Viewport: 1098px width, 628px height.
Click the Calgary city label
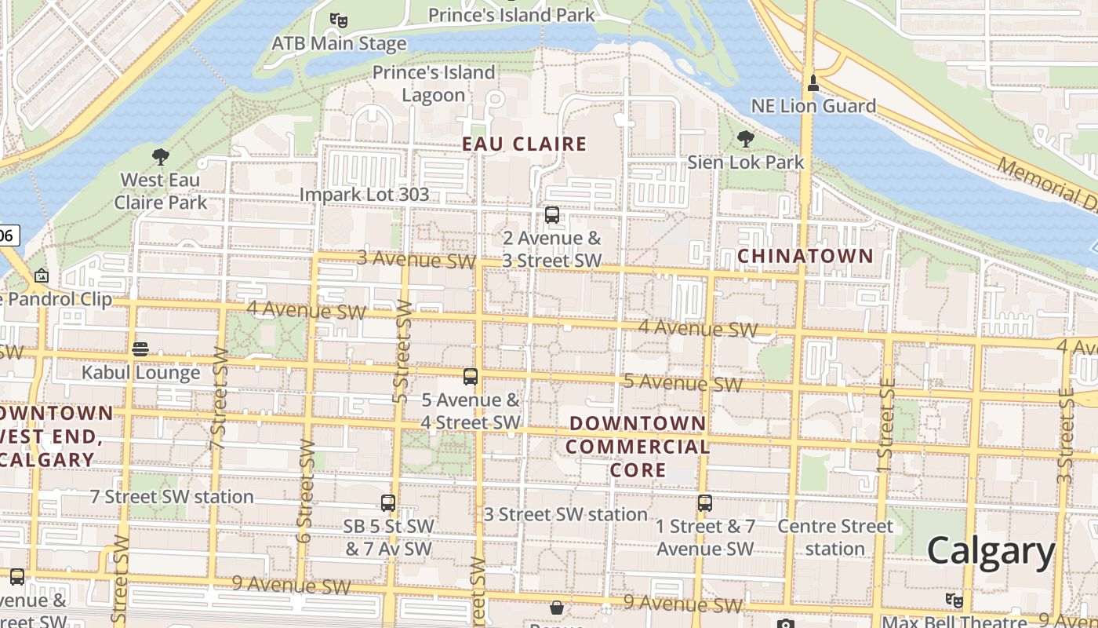991,552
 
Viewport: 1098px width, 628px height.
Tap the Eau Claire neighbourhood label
524,144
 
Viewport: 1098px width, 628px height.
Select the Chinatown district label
805,256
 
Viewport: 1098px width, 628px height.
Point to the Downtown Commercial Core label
637,447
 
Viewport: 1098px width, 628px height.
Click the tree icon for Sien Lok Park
745,139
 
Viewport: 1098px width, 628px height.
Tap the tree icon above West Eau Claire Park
161,156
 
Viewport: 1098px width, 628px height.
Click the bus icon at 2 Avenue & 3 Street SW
552,215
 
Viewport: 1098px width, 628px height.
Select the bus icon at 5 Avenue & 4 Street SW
471,377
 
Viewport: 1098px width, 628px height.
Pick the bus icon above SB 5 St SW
388,503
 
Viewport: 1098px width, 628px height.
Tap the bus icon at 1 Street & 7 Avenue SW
705,503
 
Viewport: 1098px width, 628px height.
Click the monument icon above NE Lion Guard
813,82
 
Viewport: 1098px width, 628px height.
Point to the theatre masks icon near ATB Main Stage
339,20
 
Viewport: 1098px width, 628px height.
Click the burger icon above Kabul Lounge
140,349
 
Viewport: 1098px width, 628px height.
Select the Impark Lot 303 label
365,195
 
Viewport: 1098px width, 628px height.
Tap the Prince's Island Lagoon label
434,84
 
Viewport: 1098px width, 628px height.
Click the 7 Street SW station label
172,497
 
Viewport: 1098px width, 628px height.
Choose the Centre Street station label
835,537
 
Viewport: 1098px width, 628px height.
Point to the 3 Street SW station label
565,514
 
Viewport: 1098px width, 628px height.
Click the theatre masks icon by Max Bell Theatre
954,601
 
